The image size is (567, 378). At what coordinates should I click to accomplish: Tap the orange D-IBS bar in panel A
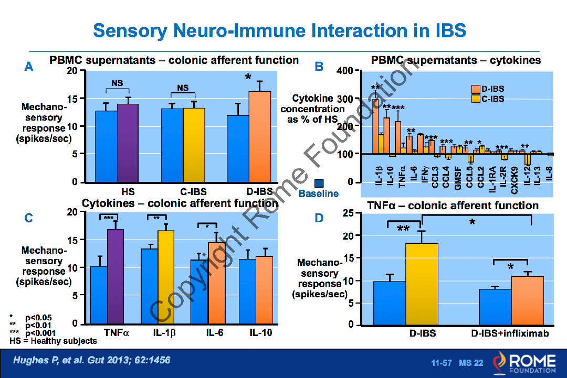259,136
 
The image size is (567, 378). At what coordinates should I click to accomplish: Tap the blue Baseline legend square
319,183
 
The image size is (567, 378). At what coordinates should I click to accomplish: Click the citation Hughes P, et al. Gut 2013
92,360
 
